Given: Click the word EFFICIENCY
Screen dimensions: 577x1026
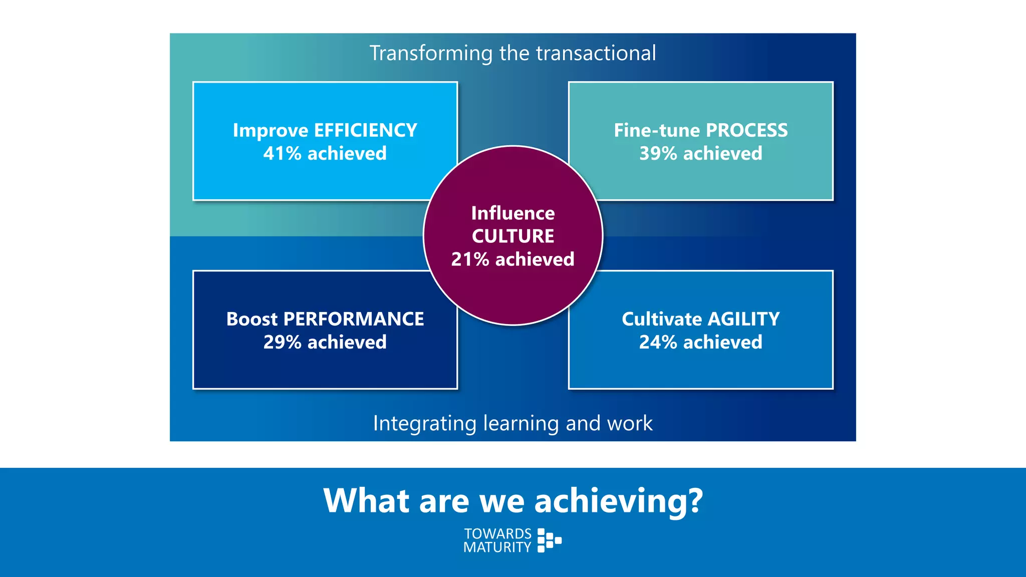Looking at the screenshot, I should [365, 131].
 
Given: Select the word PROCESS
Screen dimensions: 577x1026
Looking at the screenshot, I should [746, 131].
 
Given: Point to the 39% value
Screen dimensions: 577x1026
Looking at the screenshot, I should [658, 154].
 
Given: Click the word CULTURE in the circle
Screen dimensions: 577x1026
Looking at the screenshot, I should [513, 236].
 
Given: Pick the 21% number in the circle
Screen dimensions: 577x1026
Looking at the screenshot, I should [470, 259].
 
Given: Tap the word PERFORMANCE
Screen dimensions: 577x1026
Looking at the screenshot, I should [353, 320].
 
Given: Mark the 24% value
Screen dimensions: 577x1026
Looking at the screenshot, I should [658, 343].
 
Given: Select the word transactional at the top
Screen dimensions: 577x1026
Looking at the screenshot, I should [596, 54].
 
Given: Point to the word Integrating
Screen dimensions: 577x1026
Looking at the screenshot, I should [424, 424].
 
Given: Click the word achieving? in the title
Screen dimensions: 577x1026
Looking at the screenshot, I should [619, 501].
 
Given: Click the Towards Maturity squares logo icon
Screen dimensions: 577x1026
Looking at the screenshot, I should [549, 540].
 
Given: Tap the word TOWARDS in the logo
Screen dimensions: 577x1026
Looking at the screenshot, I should [497, 534].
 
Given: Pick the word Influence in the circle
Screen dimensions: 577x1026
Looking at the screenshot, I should [513, 213].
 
